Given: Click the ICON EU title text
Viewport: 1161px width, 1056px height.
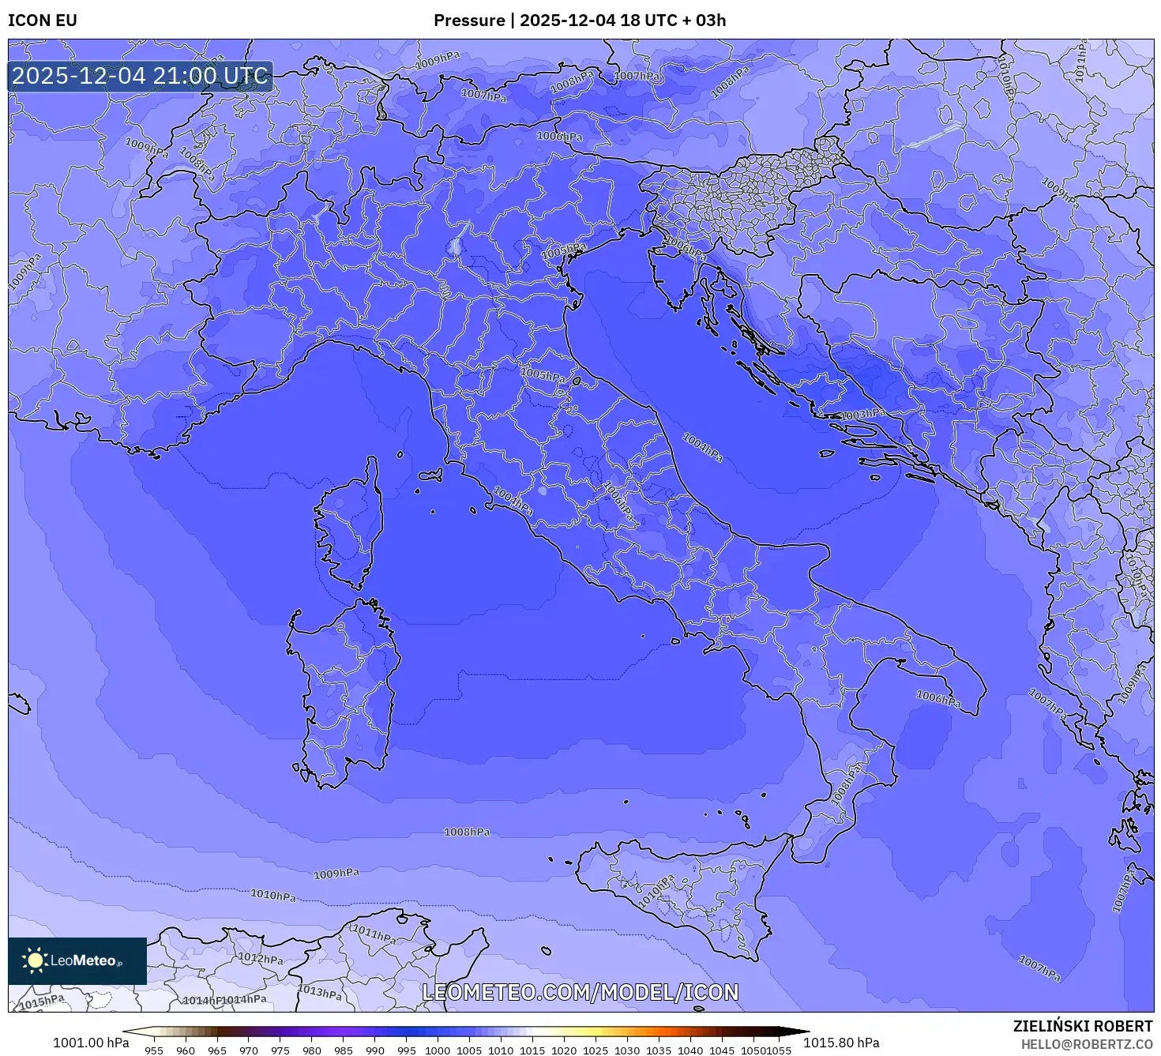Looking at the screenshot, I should click(43, 21).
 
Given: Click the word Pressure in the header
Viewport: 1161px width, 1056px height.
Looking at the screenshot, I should click(469, 21).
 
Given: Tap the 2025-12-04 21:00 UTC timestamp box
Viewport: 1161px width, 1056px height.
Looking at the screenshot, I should click(141, 77).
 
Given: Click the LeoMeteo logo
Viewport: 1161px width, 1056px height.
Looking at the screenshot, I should click(77, 960).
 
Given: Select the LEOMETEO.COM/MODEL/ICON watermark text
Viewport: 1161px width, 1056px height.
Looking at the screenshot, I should click(580, 992).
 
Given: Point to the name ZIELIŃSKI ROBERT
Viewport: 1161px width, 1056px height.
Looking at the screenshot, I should click(1082, 1026).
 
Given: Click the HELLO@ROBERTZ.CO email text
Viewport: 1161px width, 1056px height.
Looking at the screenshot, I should click(1086, 1044).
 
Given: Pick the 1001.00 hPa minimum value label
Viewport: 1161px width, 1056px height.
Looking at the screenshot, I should click(90, 1043).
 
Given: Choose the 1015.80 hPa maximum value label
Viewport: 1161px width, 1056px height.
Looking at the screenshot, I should click(841, 1043).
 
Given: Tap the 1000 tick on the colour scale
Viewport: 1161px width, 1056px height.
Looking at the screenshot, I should click(438, 1050).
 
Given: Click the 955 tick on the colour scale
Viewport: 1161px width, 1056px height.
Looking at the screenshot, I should click(154, 1050).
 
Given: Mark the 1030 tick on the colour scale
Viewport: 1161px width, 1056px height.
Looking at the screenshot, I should click(627, 1050).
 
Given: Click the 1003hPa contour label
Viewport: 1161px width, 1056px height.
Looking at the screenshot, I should click(862, 415).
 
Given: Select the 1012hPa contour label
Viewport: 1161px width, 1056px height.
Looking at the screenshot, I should click(261, 958).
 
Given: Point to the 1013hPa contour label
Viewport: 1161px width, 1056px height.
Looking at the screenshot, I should click(320, 992).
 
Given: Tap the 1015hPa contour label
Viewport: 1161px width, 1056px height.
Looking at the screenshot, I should click(41, 1002).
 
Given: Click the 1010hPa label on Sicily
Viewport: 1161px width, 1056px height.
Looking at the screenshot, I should click(657, 890).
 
